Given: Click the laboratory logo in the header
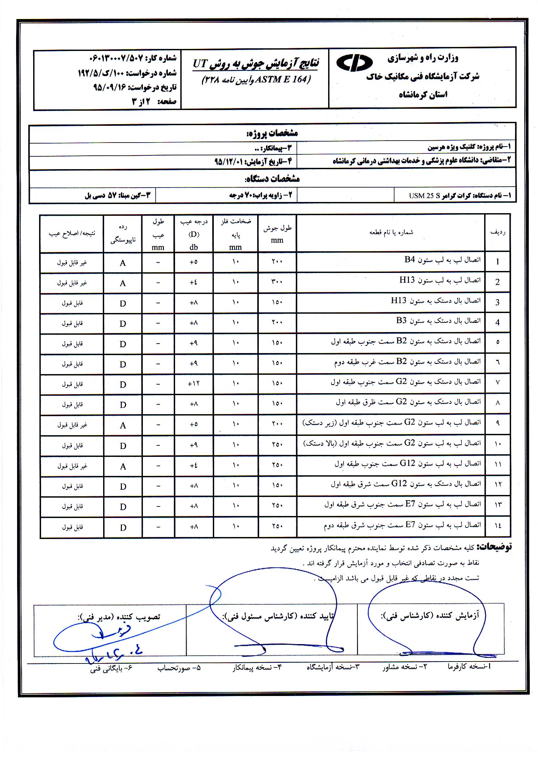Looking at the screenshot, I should click(355, 63).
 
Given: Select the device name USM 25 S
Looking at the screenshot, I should click(424, 196).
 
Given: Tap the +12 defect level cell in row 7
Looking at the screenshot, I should click(193, 384).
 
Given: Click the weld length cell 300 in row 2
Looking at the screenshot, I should click(277, 282).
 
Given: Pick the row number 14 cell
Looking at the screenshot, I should click(498, 526).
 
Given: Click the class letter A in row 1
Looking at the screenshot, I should click(123, 263).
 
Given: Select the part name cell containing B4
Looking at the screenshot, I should click(442, 259).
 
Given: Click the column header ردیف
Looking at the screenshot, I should click(498, 232).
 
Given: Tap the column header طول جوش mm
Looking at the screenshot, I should click(277, 234).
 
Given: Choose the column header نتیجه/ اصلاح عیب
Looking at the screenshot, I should click(72, 233).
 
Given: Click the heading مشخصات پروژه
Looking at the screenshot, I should click(272, 133).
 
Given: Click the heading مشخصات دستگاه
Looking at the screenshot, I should click(272, 179).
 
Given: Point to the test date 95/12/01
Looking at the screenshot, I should click(229, 162).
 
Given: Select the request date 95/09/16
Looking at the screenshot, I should click(110, 87).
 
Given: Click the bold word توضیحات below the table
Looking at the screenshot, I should click(494, 547).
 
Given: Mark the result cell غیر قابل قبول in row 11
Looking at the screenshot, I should click(72, 466).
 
